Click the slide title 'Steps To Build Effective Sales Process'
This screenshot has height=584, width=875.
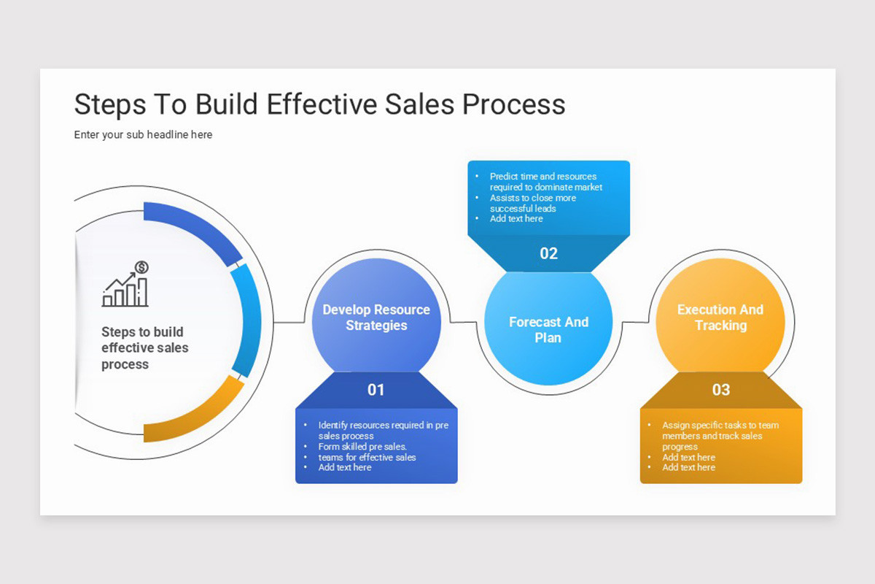319,104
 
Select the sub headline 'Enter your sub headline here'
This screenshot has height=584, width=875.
143,134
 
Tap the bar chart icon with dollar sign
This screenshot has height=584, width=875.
126,284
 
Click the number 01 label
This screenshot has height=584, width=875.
376,390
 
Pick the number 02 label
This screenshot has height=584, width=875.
548,253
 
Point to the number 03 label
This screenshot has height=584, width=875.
720,390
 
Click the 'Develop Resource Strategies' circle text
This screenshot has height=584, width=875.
376,318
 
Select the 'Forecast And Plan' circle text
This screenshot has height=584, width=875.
548,330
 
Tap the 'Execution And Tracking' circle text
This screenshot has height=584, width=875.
720,318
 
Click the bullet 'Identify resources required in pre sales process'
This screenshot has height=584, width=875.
382,430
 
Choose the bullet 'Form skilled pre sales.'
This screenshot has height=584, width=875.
362,447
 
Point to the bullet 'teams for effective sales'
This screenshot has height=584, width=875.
367,457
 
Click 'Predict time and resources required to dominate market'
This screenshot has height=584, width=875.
545,182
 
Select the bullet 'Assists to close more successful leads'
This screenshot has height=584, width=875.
532,203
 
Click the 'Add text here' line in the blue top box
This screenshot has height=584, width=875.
516,218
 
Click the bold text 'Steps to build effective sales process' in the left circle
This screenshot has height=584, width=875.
144,347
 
